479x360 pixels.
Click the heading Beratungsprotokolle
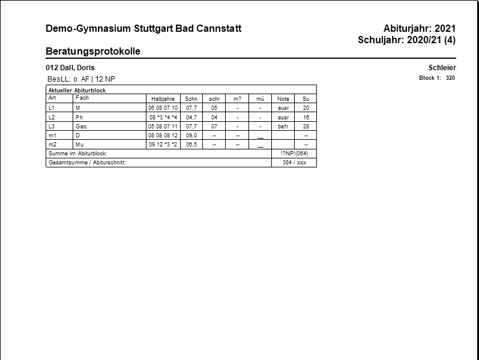93,52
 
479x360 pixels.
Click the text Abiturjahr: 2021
420,29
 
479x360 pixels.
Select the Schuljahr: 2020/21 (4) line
407,40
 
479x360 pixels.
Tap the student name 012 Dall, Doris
70,68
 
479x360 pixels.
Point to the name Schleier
442,68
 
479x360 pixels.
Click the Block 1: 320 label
437,78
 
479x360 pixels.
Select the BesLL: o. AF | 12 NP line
81,79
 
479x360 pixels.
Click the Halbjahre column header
163,99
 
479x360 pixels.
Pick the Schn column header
191,99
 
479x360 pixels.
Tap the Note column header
283,99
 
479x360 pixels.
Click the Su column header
306,99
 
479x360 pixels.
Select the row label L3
52,127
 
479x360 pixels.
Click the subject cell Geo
81,127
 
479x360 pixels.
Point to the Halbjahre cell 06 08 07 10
163,108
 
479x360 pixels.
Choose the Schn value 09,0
191,136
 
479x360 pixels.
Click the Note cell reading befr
283,127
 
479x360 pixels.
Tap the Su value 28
306,127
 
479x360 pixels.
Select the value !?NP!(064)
294,154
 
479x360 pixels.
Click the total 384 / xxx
294,163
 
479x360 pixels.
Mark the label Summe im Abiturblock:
77,154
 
